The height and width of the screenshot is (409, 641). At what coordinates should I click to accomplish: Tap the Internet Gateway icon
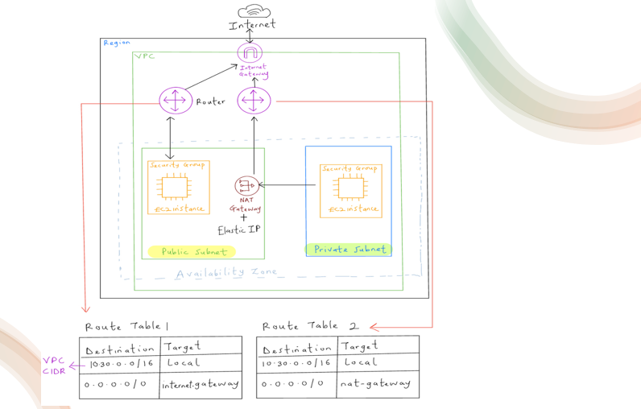(250, 52)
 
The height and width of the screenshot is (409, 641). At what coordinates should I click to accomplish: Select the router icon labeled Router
(175, 101)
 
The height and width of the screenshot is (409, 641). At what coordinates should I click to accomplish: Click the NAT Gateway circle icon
(245, 185)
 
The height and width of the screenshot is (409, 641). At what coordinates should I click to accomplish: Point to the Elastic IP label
(238, 229)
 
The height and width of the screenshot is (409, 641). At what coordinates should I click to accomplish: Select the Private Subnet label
(349, 250)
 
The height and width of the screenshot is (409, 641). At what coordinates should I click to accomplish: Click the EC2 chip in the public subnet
(172, 187)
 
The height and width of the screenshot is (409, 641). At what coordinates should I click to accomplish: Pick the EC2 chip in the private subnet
(349, 187)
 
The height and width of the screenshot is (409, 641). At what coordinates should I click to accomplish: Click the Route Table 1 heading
(127, 326)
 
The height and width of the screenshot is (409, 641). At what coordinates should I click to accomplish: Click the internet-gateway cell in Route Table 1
(200, 385)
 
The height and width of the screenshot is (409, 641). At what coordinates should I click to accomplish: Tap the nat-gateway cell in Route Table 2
(375, 384)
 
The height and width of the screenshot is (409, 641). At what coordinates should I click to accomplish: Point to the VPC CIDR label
(54, 366)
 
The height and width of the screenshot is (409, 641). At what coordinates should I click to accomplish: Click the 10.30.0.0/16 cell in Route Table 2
(296, 363)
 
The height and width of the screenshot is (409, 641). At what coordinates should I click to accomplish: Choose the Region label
(117, 42)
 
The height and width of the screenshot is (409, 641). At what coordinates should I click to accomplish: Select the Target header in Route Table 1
(182, 347)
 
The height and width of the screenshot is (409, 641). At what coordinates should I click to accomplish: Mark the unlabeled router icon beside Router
(254, 101)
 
